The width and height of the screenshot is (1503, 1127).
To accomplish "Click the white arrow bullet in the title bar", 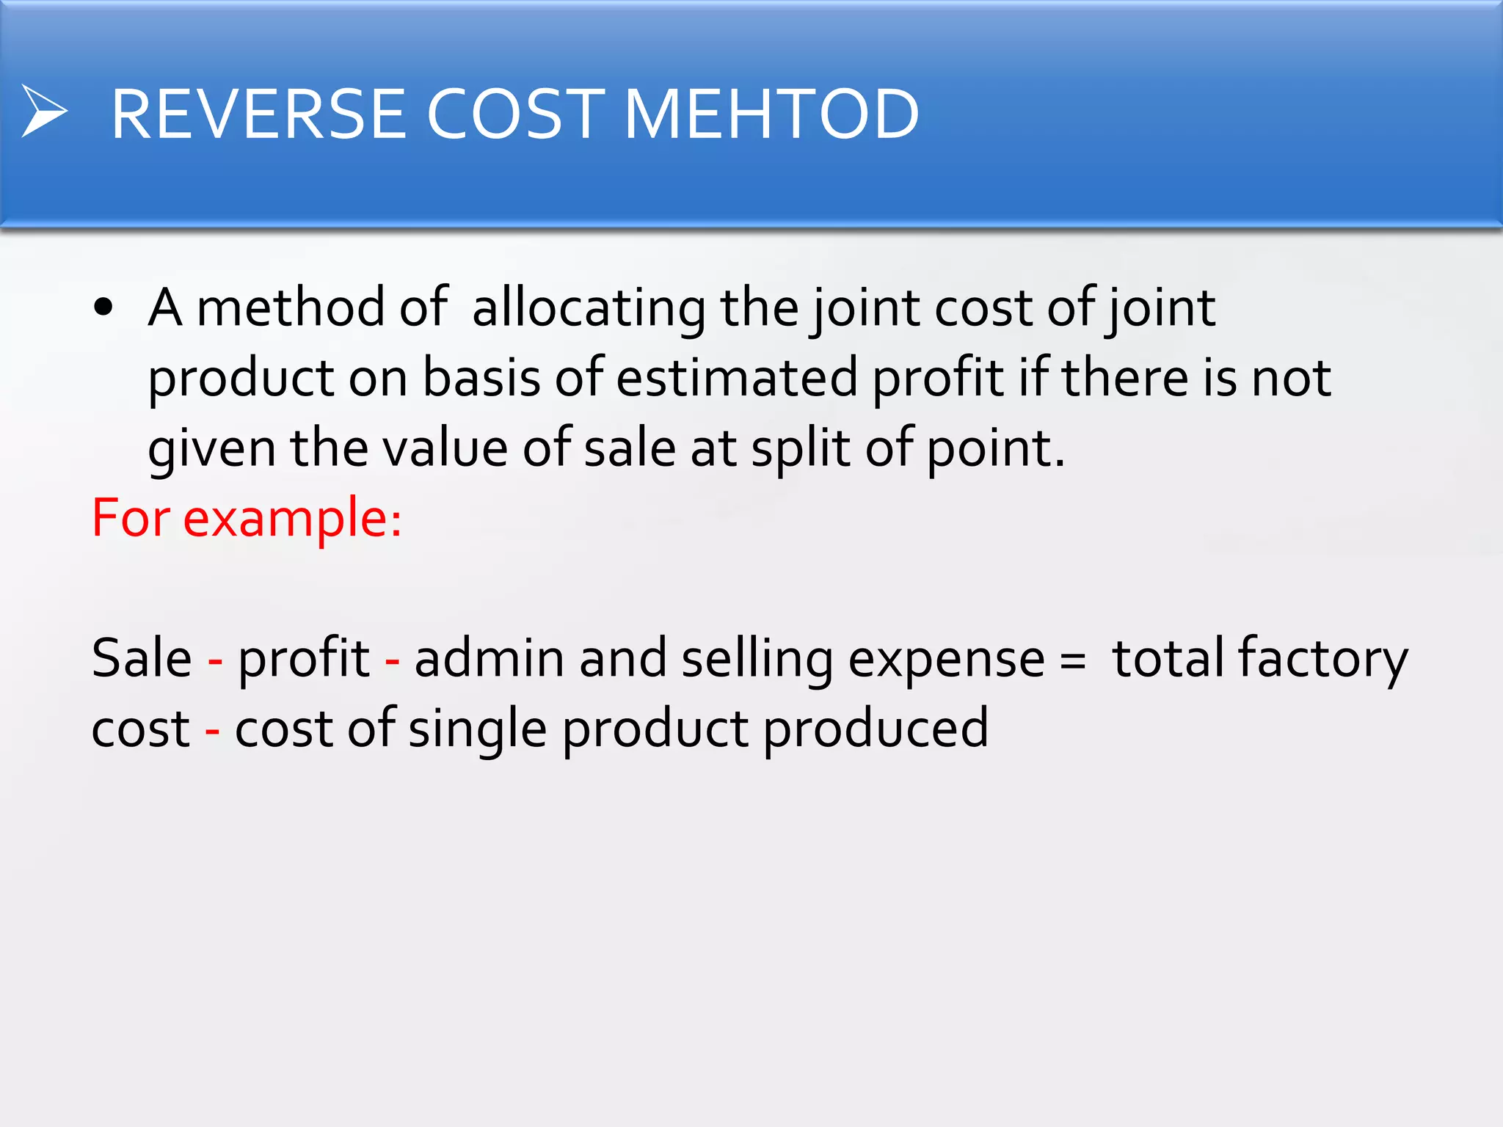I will coord(44,112).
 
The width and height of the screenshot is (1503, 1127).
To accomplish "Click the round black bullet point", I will coord(103,307).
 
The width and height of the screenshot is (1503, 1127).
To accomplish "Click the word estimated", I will coord(736,378).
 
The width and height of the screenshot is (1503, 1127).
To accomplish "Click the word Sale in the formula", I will coord(141,658).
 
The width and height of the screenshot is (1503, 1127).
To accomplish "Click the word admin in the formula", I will coord(490,658).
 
